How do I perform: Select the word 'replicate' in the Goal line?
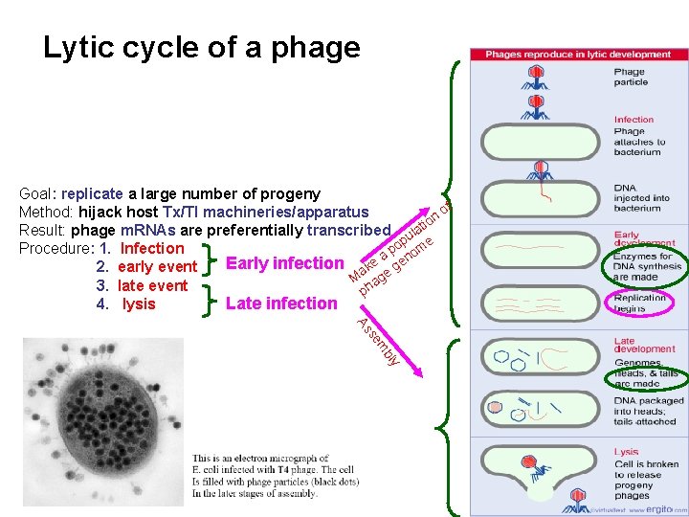(93, 194)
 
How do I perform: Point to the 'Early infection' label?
(283, 263)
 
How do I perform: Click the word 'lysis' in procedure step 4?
(139, 304)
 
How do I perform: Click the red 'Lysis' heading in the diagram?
(627, 452)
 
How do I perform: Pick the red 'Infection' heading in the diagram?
(633, 120)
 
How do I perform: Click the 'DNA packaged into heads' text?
(649, 411)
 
